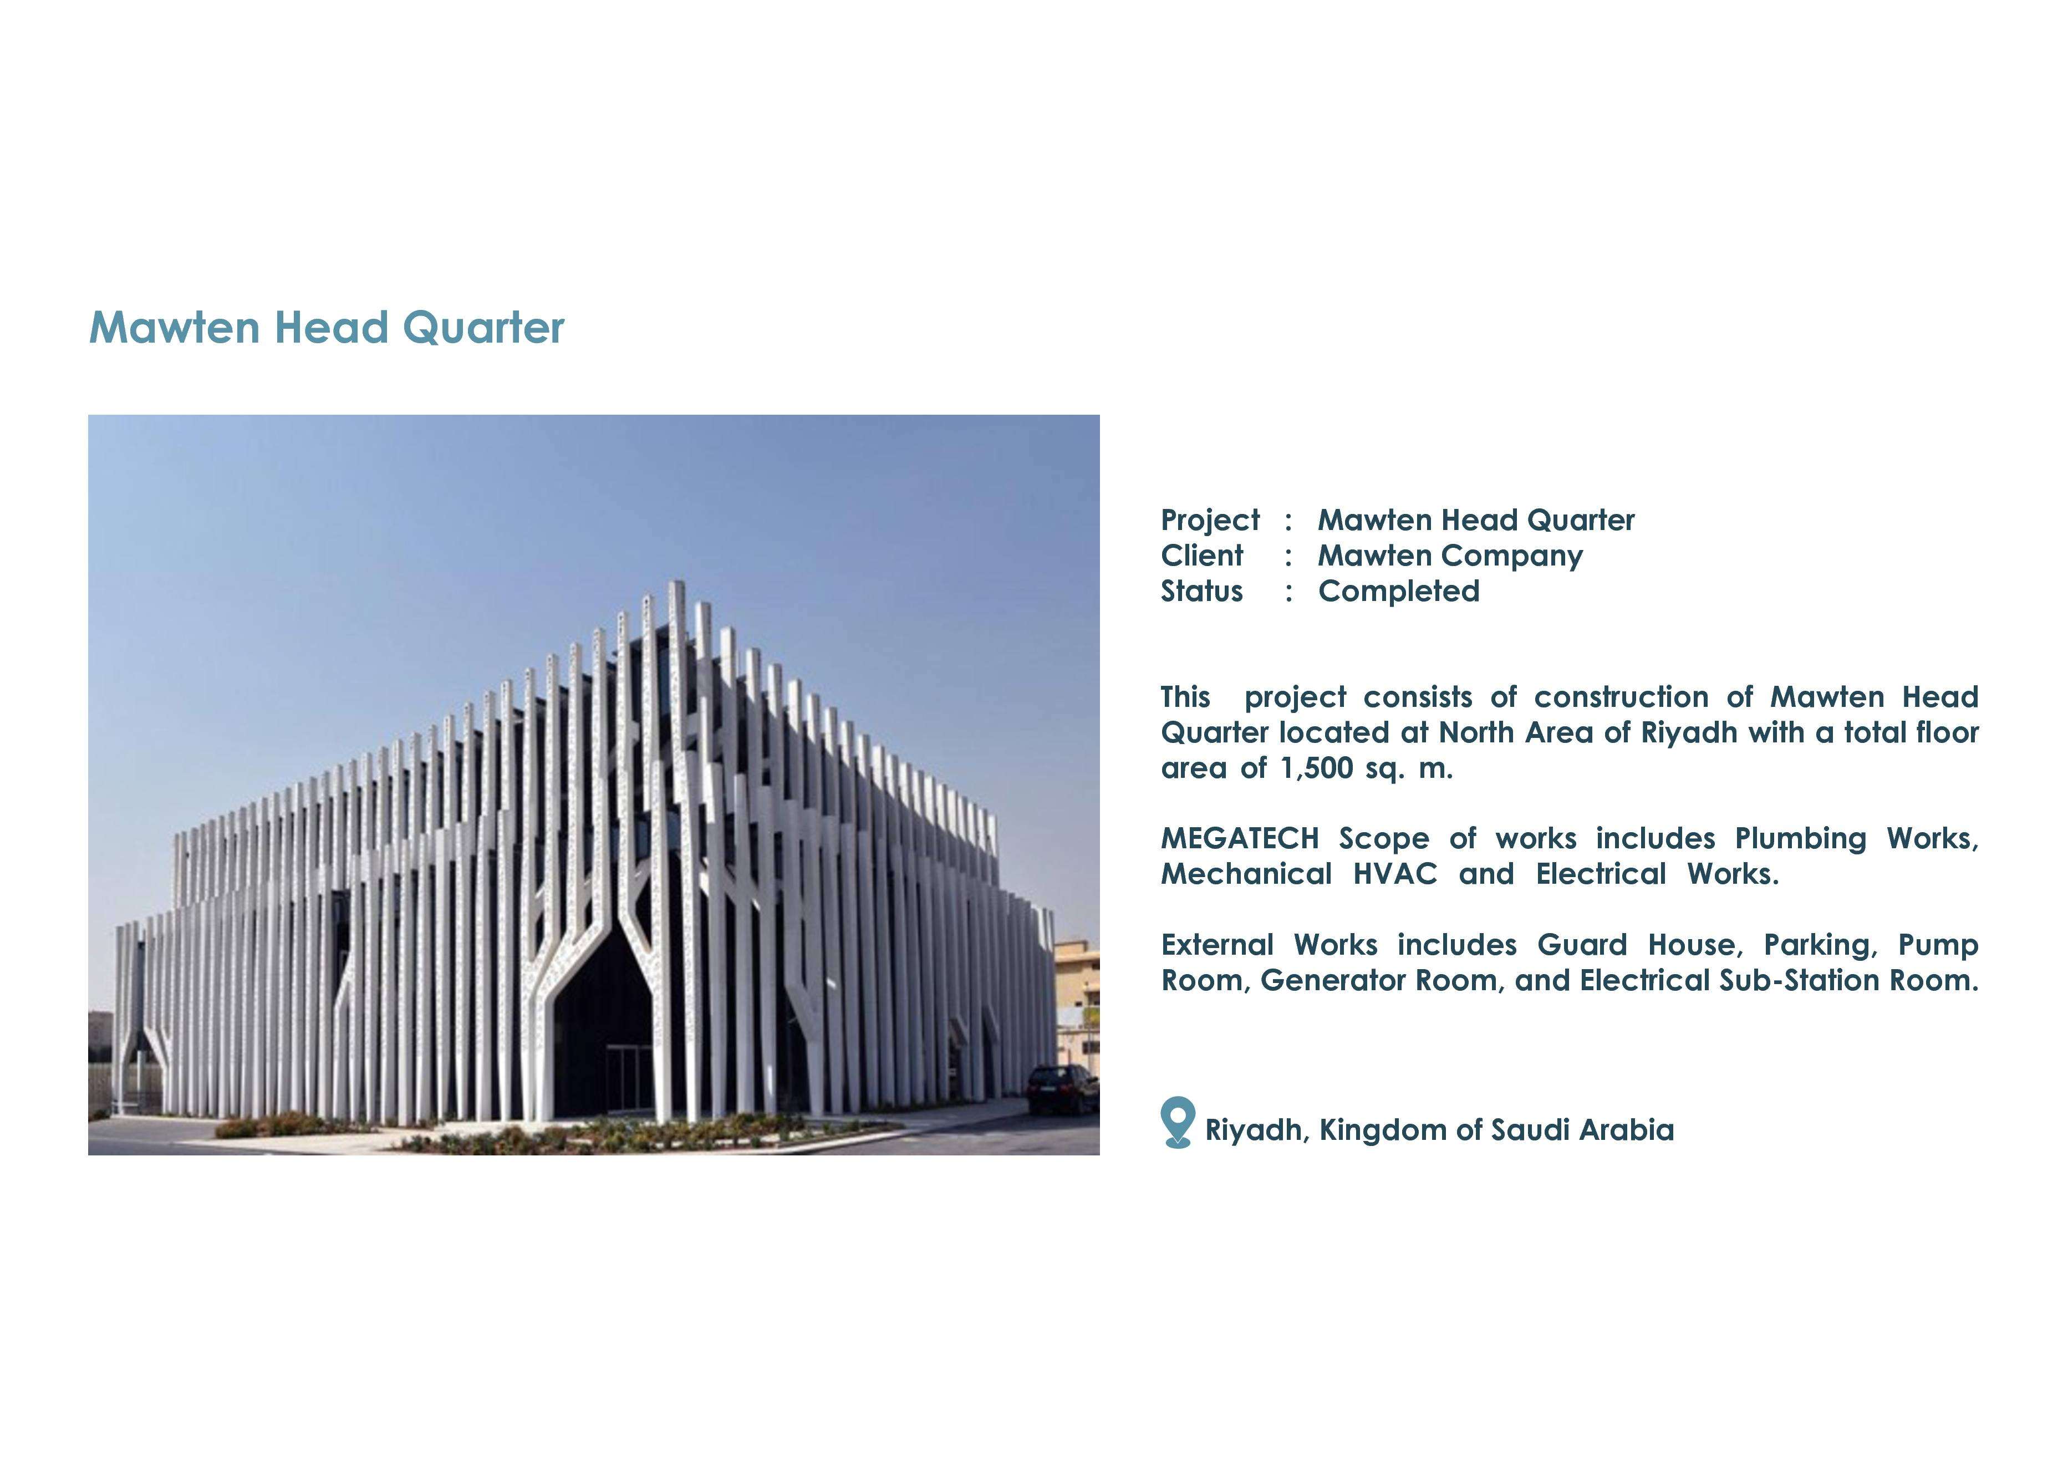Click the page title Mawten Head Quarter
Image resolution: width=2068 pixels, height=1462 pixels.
pyautogui.click(x=326, y=327)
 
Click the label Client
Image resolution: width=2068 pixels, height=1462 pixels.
pyautogui.click(x=1201, y=555)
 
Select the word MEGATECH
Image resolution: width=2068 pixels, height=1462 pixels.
pyautogui.click(x=1239, y=839)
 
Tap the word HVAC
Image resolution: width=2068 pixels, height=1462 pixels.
pyautogui.click(x=1394, y=874)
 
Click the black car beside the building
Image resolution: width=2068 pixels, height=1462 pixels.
pyautogui.click(x=1063, y=1089)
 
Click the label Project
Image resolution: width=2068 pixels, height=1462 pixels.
pyautogui.click(x=1210, y=521)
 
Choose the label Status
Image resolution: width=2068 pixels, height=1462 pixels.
pyautogui.click(x=1201, y=591)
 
